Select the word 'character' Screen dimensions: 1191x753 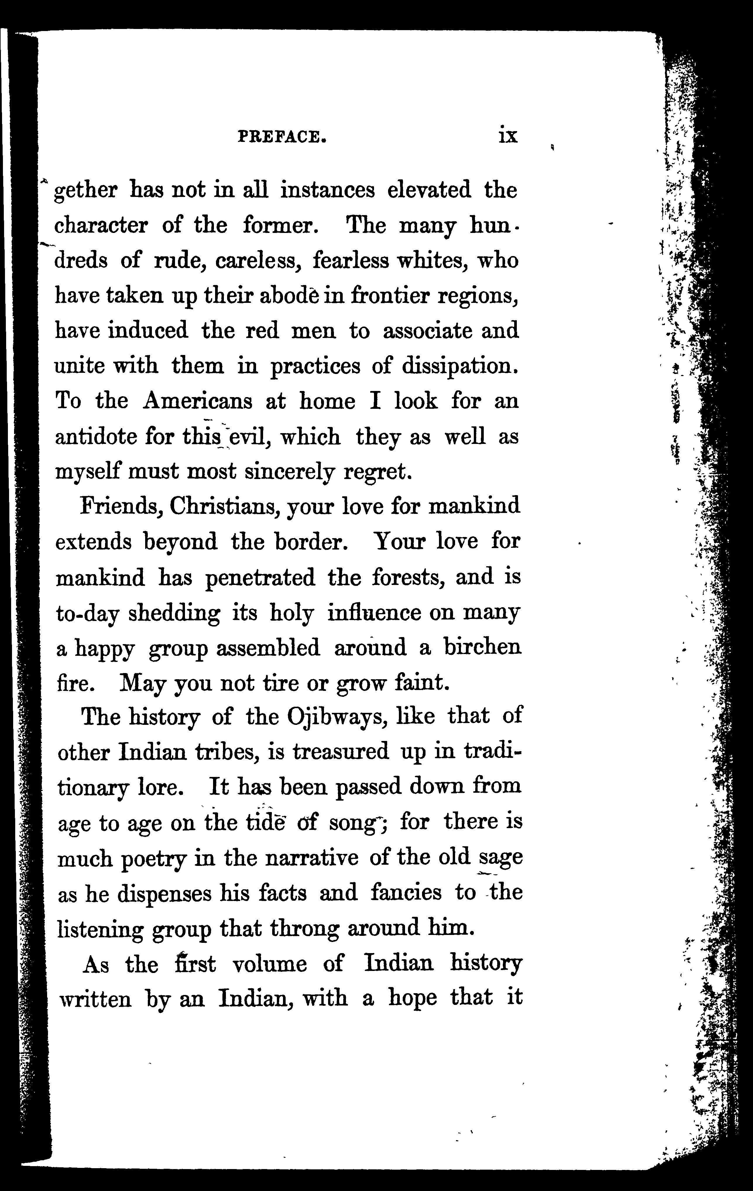tap(100, 226)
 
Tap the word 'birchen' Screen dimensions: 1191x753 tap(482, 648)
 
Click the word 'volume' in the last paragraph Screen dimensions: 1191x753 tap(270, 964)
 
